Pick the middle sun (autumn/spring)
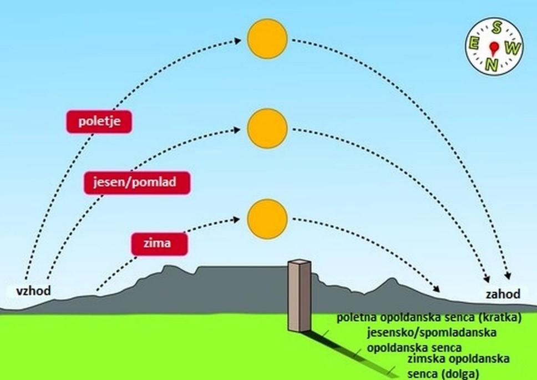coord(267,128)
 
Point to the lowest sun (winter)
coord(267,218)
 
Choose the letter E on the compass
coord(475,45)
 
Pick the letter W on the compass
coord(513,49)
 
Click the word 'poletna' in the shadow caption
coord(357,318)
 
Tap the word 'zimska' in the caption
coord(427,361)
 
